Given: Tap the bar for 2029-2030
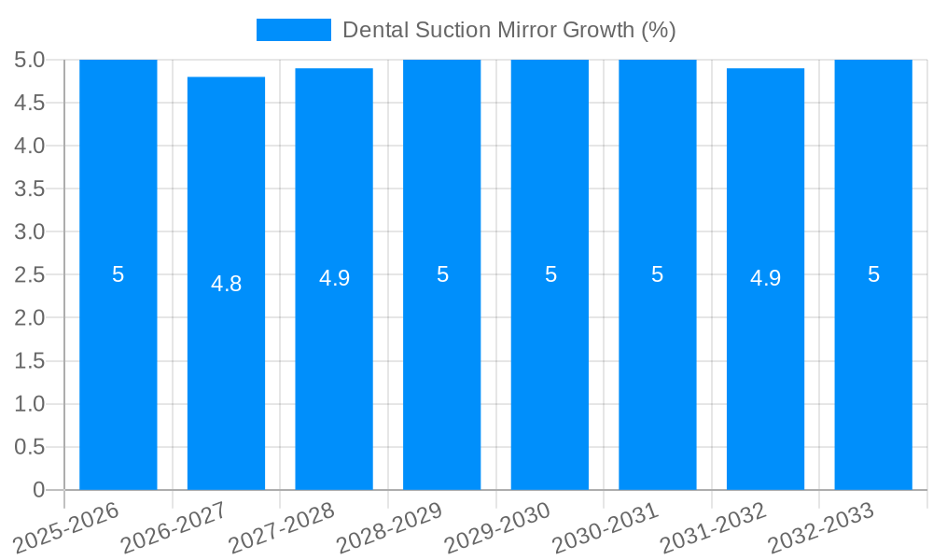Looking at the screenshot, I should point(550,373).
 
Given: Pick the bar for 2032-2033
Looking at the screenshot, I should point(873,373).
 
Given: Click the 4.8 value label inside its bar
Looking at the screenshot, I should point(226,284).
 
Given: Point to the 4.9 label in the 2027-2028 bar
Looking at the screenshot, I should point(334,278).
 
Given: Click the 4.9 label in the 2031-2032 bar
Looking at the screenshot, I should point(765,278).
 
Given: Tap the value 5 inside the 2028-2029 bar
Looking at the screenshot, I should point(442,274).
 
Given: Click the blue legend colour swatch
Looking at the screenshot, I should point(294,30).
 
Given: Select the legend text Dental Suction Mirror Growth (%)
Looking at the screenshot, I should point(508,30).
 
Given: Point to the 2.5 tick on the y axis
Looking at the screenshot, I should point(30,274).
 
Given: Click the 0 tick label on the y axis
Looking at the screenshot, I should point(38,490).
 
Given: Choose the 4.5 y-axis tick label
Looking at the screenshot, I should point(30,103).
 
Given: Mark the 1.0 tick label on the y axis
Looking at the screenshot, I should point(30,404).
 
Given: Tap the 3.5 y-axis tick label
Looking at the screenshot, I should point(30,189).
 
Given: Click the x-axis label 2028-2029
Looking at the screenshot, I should point(390,527).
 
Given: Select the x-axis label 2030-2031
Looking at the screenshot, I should point(606,527).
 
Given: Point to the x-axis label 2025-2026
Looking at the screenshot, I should point(67,527).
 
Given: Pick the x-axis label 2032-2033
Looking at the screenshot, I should point(821,527).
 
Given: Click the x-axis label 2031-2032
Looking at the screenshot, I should point(714,527).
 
